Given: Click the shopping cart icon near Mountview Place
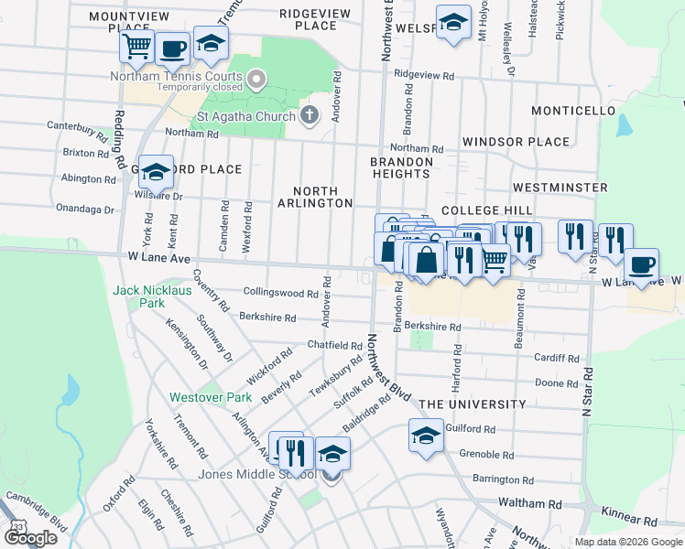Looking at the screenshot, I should pyautogui.click(x=136, y=46).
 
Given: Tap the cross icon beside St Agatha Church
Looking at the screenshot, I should pyautogui.click(x=310, y=115).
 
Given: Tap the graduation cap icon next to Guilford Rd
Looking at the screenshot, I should pyautogui.click(x=426, y=436).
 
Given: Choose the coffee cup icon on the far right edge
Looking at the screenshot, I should pyautogui.click(x=641, y=264).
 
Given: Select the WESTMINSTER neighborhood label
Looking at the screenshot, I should pyautogui.click(x=560, y=188).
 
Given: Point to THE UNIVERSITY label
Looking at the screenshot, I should pyautogui.click(x=473, y=404).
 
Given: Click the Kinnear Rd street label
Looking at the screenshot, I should pyautogui.click(x=631, y=521).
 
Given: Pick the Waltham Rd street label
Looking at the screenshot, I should pyautogui.click(x=530, y=503).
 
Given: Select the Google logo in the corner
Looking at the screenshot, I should pyautogui.click(x=30, y=538).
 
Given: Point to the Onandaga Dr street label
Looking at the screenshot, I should pyautogui.click(x=85, y=210).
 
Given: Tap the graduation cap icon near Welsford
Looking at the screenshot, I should pyautogui.click(x=451, y=22).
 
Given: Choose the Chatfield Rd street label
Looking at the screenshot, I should pyautogui.click(x=335, y=346).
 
